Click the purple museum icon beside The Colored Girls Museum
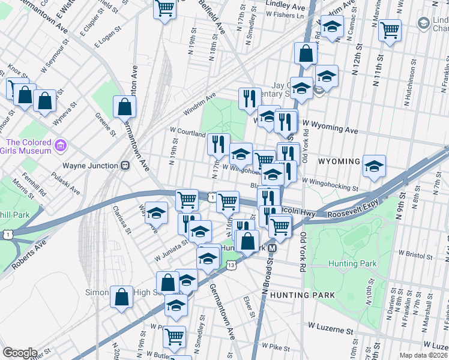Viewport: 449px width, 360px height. coord(60,146)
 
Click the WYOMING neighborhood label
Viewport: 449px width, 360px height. coord(339,162)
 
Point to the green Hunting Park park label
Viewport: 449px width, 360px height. coord(352,263)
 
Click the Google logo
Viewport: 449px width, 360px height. coord(20,353)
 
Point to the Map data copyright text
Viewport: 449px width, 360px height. coord(423,355)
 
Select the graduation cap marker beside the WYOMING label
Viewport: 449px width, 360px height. coord(374,166)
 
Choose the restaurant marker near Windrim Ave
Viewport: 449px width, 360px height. coord(250,99)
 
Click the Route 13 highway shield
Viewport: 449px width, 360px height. coord(232,265)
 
